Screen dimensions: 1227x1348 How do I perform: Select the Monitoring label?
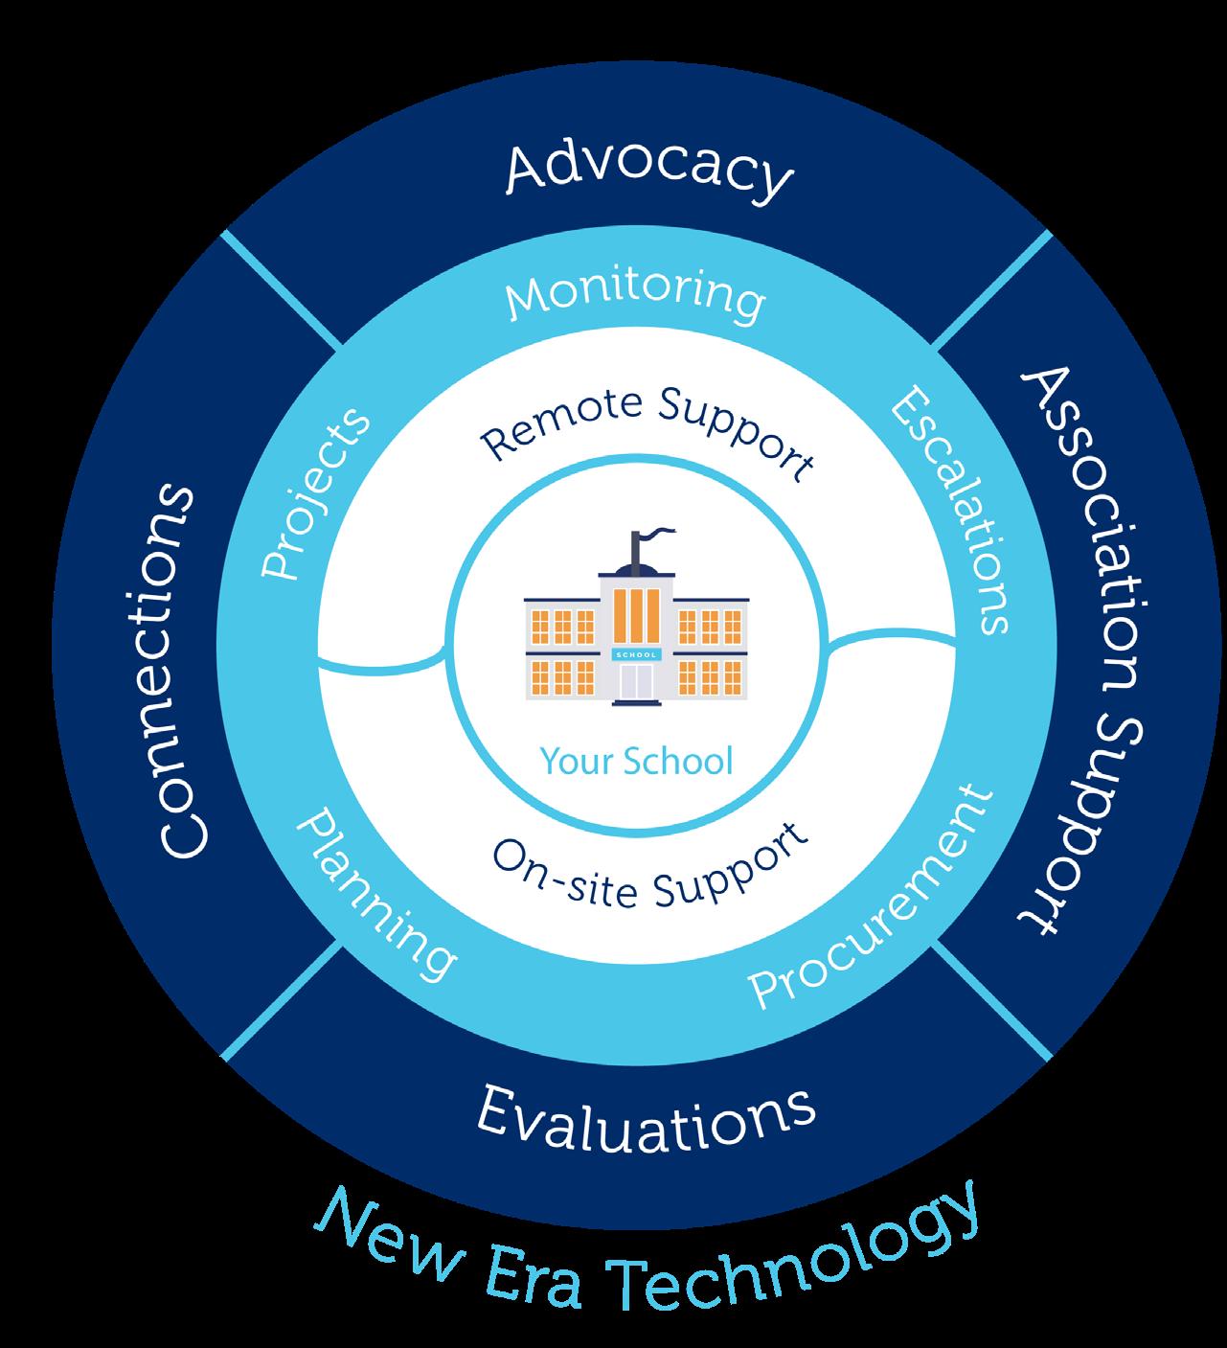click(635, 295)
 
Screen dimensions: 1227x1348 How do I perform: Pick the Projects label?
click(315, 494)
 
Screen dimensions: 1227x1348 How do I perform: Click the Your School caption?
click(636, 760)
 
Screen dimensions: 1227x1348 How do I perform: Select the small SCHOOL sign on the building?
click(636, 654)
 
